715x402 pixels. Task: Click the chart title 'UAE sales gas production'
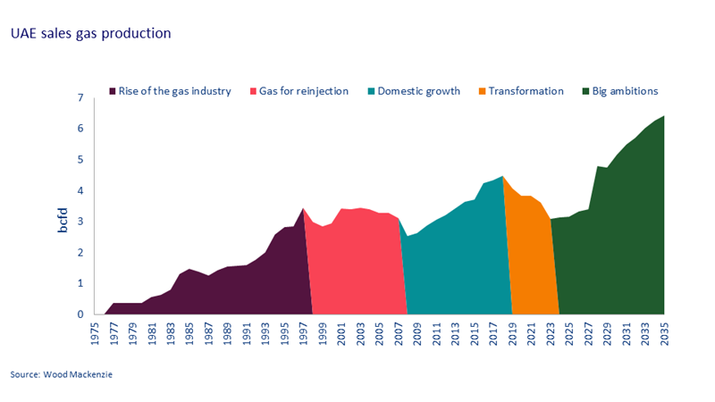click(90, 33)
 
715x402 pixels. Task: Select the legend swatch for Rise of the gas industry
click(112, 91)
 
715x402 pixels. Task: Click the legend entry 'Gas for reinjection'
click(303, 91)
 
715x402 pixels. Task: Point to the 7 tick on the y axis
click(80, 97)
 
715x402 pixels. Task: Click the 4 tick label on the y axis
click(80, 190)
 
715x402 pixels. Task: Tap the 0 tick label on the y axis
click(80, 314)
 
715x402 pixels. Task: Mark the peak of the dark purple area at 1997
click(303, 208)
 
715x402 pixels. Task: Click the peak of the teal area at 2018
click(502, 176)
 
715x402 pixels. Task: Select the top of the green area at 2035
click(664, 115)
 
